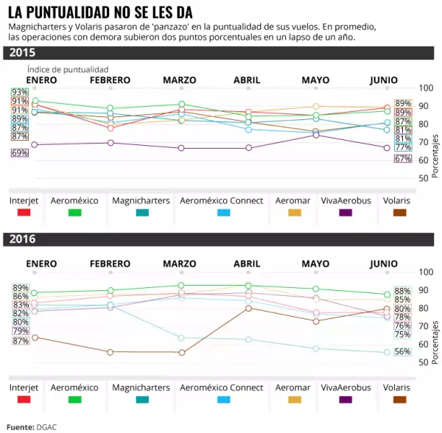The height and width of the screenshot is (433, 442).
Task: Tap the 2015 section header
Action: [x=22, y=53]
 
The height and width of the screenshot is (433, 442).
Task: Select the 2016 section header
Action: [x=22, y=239]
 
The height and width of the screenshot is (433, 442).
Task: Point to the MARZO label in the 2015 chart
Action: [x=179, y=80]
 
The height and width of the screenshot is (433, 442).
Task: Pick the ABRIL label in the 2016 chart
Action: [x=247, y=264]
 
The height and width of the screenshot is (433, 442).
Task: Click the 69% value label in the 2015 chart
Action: [x=20, y=152]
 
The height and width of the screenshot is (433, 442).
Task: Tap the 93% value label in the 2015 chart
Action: [x=20, y=92]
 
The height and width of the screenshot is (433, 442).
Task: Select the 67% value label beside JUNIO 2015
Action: [x=403, y=158]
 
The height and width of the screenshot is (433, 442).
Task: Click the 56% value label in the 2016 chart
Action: [x=403, y=351]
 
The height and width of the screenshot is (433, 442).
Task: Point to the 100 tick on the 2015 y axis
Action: [x=426, y=88]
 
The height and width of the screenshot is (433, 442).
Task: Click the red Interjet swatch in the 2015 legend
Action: [x=24, y=212]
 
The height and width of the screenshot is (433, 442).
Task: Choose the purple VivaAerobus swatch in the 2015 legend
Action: [x=345, y=212]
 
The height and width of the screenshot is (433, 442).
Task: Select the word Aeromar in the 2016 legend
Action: [x=292, y=387]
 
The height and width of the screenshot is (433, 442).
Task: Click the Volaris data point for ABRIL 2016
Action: [x=248, y=308]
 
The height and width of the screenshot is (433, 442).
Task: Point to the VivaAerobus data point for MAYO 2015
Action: [x=315, y=135]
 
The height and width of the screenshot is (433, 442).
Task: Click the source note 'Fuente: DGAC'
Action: [x=32, y=426]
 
